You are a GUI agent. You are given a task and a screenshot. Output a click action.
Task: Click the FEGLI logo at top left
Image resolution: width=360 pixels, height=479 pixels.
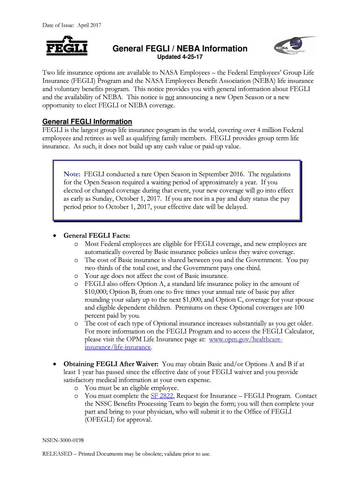click(x=66, y=46)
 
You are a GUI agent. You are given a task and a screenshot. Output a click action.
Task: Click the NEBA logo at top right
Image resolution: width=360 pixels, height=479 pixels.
click(x=294, y=49)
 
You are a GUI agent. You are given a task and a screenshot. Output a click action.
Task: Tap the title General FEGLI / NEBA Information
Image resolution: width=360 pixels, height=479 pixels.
click(x=180, y=49)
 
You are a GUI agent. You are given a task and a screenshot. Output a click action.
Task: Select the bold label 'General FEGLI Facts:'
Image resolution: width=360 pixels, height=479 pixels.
click(x=97, y=235)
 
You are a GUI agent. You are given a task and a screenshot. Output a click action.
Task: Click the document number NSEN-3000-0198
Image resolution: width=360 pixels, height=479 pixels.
click(x=63, y=440)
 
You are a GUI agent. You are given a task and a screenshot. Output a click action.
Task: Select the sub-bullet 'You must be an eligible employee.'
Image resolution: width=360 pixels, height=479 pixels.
click(x=131, y=387)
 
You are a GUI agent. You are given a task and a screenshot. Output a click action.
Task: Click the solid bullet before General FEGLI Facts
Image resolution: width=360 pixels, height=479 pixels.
click(x=56, y=235)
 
